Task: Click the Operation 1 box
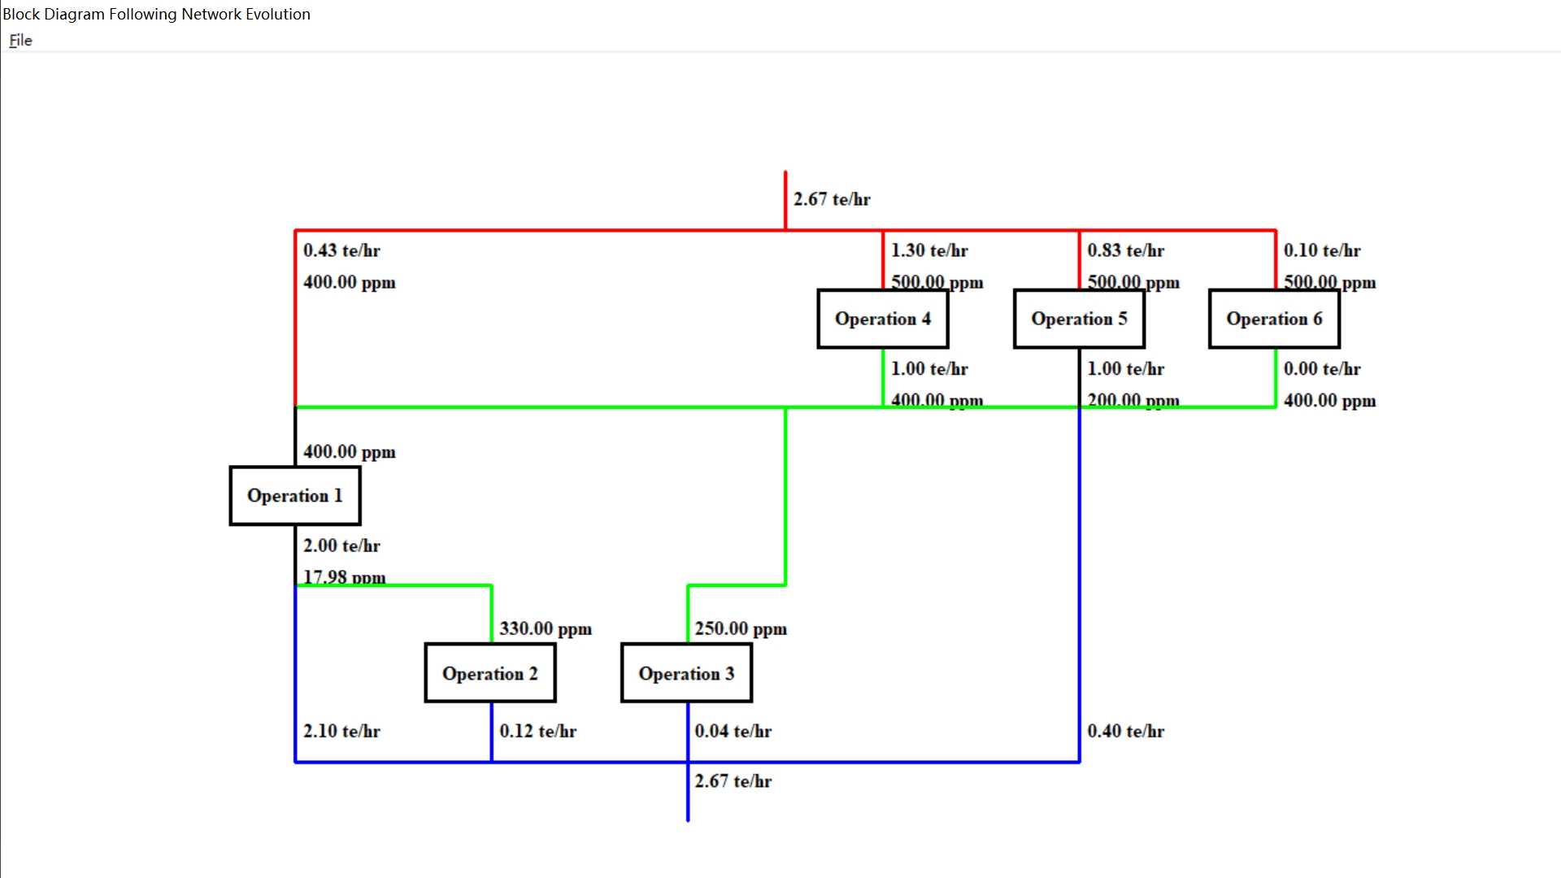295,496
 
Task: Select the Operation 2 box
490,673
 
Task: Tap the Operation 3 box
686,673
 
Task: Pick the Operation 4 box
883,319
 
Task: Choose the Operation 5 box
1079,319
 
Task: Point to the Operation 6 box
1274,319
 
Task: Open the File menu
20,41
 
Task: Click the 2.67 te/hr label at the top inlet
832,199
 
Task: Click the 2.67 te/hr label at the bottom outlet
733,781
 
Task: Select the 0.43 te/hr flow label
341,250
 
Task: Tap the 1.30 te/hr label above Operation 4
929,250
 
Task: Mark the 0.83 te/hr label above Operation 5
1125,250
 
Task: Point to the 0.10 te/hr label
1322,250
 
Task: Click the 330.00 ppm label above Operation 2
546,628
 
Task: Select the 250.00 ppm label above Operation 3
741,628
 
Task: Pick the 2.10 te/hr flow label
341,731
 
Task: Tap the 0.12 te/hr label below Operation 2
537,731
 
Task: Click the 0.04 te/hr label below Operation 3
733,731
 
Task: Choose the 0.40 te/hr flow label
1125,731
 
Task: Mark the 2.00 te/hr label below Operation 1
341,545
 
